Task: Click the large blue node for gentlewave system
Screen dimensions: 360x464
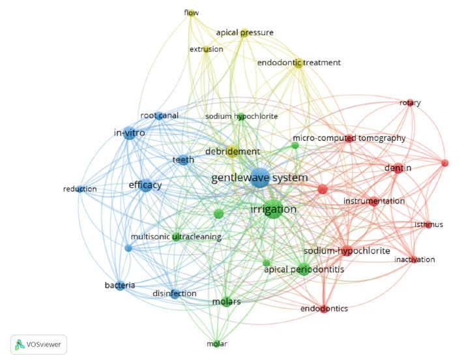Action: [x=259, y=177]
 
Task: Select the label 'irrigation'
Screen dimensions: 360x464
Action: [x=273, y=209]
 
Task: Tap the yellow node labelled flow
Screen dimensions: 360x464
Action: [x=192, y=12]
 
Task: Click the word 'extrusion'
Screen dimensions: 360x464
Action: [x=206, y=49]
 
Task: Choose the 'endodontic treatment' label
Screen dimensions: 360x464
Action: [x=299, y=63]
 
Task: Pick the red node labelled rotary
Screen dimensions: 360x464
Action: [x=410, y=103]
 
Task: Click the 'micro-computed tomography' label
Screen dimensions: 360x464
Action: [x=349, y=138]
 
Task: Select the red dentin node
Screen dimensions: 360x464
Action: [x=398, y=168]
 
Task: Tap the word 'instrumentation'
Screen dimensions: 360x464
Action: [x=374, y=201]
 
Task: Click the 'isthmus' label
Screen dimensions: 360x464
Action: [x=429, y=225]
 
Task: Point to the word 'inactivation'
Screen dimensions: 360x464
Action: [x=414, y=260]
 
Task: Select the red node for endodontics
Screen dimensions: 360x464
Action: [x=324, y=308]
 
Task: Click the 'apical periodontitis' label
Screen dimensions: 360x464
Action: [x=304, y=268]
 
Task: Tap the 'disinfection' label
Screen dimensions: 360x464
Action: [x=174, y=293]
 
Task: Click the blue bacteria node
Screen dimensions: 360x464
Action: [x=120, y=285]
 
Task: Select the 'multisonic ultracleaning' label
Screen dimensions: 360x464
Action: [x=176, y=236]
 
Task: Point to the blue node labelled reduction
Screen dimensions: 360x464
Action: [x=80, y=189]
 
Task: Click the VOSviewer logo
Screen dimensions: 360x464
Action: [x=38, y=344]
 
